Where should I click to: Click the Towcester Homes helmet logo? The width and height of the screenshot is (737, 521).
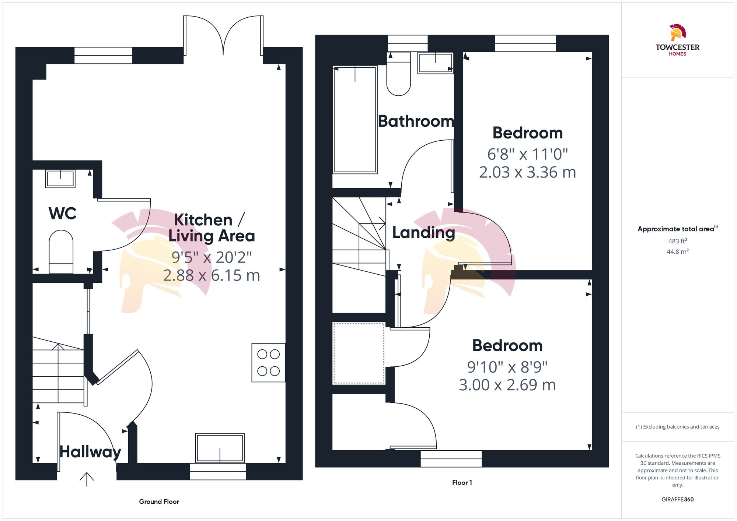678,33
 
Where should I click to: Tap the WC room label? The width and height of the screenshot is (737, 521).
62,214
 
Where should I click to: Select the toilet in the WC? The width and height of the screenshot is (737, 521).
61,251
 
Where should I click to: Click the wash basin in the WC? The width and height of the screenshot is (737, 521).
60,179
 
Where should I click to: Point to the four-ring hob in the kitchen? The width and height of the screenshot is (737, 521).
268,363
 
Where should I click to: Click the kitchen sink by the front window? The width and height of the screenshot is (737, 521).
220,448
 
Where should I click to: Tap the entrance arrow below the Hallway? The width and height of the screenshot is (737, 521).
87,479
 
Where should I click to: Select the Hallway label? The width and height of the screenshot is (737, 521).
90,452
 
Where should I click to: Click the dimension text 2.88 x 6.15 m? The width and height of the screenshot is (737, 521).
212,275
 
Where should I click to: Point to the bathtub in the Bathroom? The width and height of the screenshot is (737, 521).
355,120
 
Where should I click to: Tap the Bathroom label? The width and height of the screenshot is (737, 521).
416,121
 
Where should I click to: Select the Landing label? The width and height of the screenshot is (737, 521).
423,233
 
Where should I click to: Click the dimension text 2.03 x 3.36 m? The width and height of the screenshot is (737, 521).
527,172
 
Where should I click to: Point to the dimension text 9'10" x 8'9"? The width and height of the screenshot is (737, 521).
507,367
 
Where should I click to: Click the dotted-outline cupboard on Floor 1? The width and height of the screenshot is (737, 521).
359,353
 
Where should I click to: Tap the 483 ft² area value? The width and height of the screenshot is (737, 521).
677,241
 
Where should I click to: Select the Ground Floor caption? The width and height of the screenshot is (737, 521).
159,501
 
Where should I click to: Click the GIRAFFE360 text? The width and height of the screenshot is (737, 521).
677,499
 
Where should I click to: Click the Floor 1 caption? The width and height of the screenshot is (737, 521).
462,482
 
